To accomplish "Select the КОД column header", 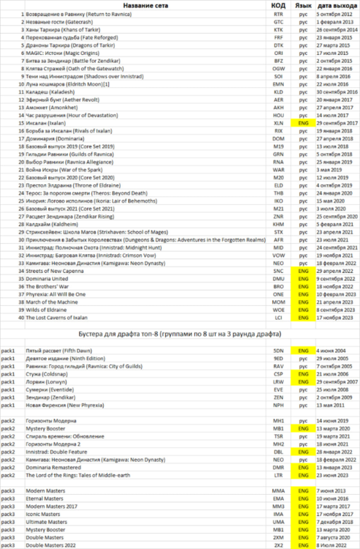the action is pos(278,5).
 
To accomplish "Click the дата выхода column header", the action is pos(337,5).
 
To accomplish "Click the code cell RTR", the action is pos(278,14).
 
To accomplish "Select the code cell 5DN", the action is pos(278,351).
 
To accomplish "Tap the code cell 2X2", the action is pos(278,544).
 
